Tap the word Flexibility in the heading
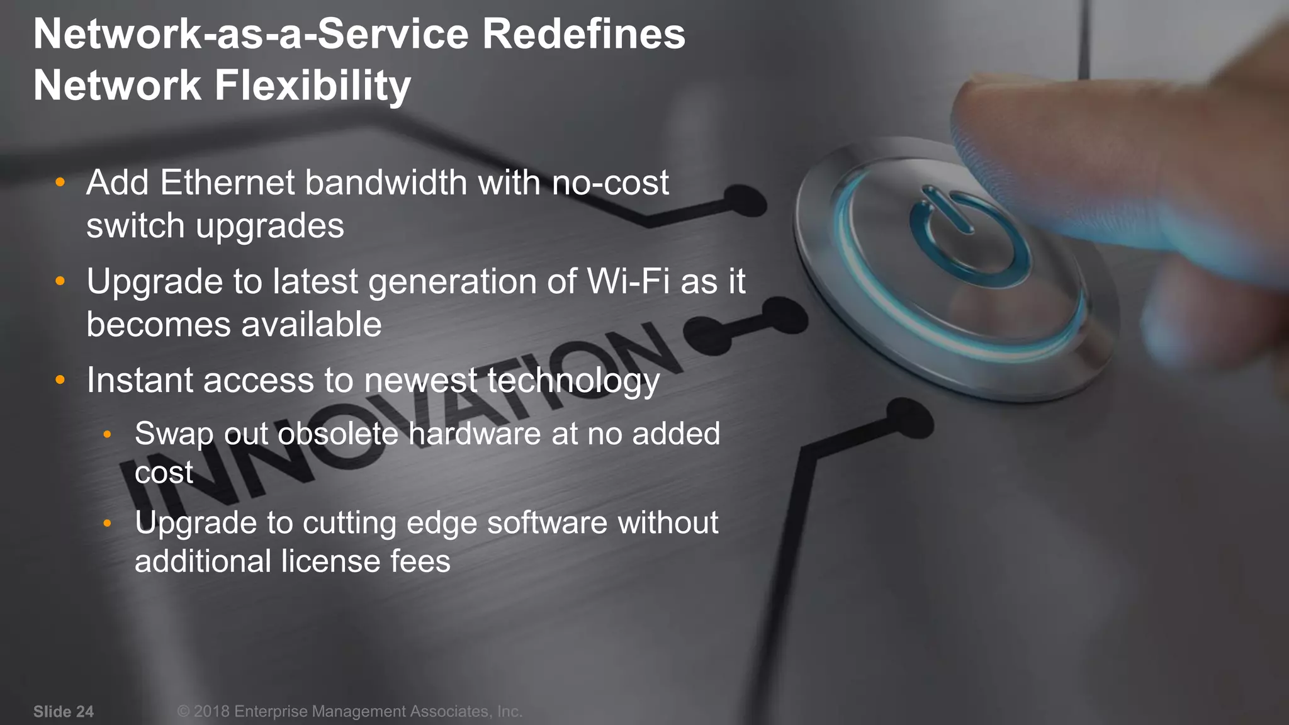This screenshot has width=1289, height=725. point(313,86)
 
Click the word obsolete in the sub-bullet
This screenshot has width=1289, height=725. point(338,434)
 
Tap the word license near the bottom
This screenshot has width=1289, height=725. point(330,561)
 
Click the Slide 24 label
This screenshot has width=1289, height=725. point(64,712)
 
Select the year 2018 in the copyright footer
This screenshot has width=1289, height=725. point(211,712)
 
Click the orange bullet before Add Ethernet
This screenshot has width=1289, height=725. point(60,183)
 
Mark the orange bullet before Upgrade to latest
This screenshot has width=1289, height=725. point(60,281)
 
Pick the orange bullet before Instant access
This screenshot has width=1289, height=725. point(60,380)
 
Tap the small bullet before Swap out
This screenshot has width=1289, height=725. point(108,434)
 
